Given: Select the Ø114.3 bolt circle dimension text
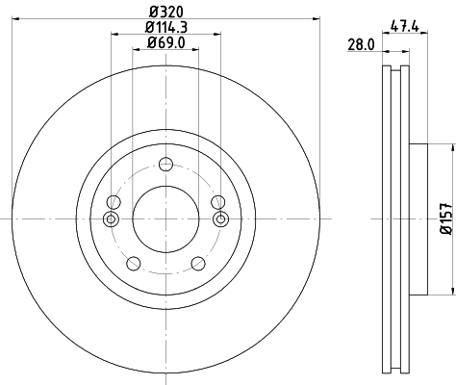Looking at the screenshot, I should tap(165, 26).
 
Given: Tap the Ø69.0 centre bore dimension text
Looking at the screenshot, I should tap(165, 43).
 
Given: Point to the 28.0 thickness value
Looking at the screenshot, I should tap(359, 45).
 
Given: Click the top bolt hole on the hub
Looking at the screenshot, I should tap(166, 163).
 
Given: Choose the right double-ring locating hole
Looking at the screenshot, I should tap(220, 219).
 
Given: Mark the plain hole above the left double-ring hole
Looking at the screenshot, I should tap(114, 201).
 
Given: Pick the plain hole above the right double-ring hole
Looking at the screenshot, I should tap(217, 201).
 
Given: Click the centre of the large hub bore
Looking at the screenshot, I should tap(166, 219).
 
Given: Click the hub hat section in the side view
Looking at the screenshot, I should tap(418, 219).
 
